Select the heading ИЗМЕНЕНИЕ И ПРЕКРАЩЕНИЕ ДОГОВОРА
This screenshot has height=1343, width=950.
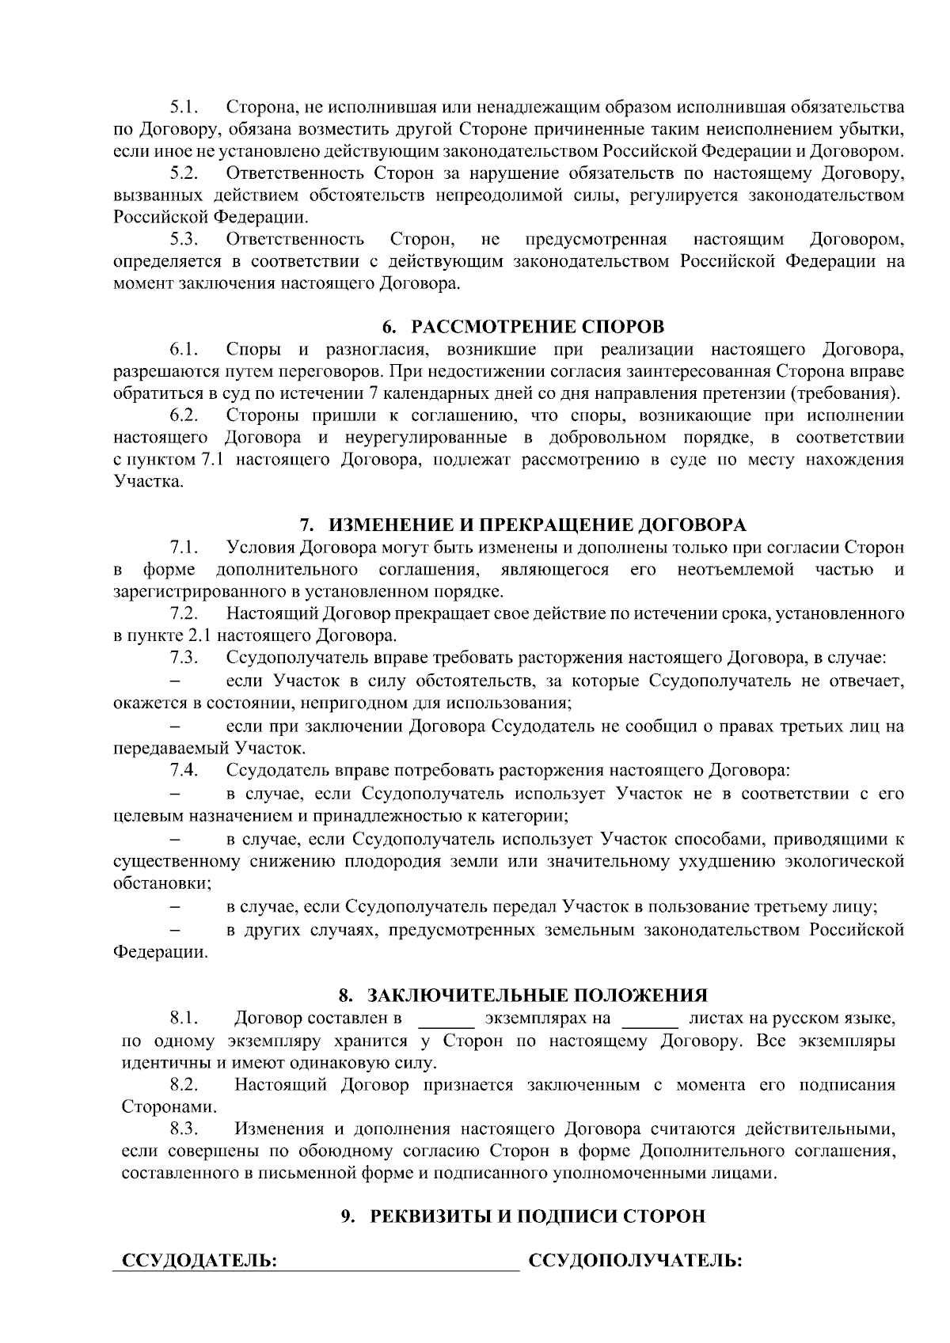[x=537, y=525]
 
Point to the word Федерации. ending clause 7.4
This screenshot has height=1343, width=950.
[x=161, y=952]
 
